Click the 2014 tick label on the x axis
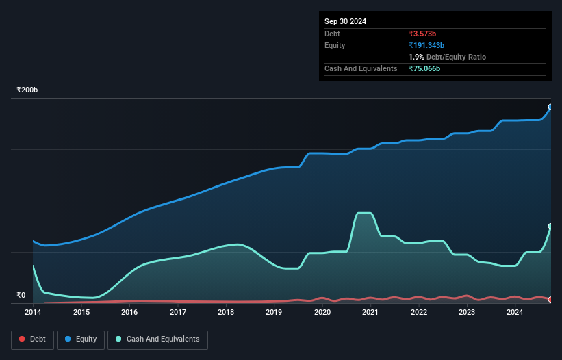coord(33,312)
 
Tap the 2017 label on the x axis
coord(178,312)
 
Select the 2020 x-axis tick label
coord(322,312)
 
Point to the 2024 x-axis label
coord(515,312)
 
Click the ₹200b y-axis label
coord(27,90)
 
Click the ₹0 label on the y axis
coord(21,296)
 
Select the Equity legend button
coord(81,339)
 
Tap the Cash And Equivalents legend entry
coord(157,339)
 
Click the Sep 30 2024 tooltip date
coord(346,21)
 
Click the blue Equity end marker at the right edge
coord(550,107)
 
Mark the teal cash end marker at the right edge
coord(550,226)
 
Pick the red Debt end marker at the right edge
coord(550,300)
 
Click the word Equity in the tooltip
coord(335,45)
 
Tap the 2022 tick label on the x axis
coord(419,312)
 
